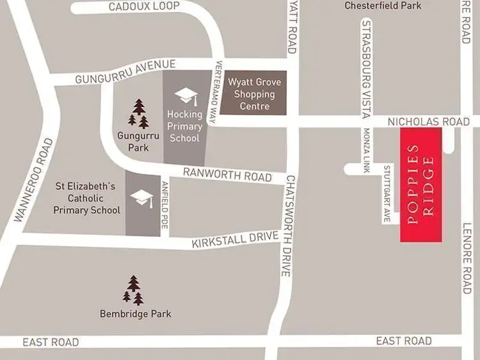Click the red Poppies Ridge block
[x=421, y=184]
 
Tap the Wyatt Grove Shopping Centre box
[x=255, y=94]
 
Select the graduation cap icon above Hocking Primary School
[x=186, y=96]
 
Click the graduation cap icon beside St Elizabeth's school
[x=142, y=197]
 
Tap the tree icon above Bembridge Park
[x=133, y=290]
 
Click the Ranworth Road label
[x=228, y=173]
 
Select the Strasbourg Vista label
[x=367, y=69]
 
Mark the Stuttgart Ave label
[x=387, y=194]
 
